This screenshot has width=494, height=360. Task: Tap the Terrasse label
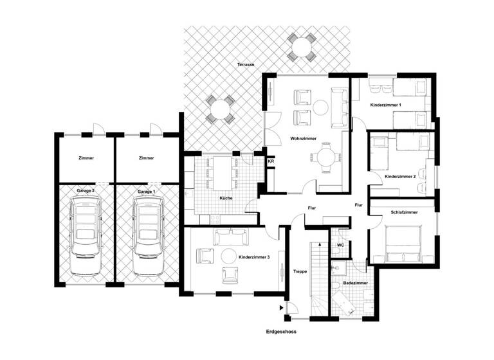(x=245, y=66)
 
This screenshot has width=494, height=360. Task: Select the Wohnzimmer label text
(x=302, y=138)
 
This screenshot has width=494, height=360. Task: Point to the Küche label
(x=225, y=198)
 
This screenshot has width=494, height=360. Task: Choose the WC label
(x=340, y=245)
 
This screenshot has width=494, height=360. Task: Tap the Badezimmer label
(x=356, y=282)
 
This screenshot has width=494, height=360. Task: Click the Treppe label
(x=299, y=271)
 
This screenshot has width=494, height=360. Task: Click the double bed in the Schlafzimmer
(x=403, y=243)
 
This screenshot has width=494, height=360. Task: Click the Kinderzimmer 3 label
(x=253, y=256)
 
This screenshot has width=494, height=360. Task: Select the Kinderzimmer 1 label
(x=385, y=104)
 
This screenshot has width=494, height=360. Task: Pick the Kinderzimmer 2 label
(x=400, y=175)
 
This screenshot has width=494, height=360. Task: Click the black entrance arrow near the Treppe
(x=282, y=308)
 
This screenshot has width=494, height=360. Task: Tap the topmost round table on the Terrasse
(x=301, y=48)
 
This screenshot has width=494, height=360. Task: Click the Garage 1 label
(x=146, y=192)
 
